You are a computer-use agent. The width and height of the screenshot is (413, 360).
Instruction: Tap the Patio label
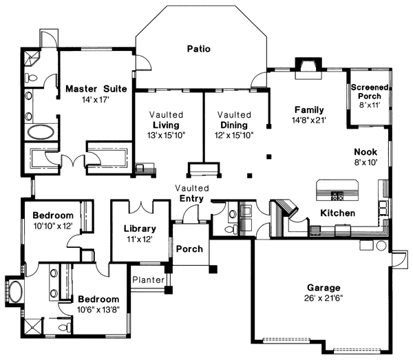click(x=198, y=49)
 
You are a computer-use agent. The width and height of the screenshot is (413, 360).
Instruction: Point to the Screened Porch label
click(x=370, y=92)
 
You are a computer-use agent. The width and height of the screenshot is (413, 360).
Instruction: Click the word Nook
click(x=366, y=152)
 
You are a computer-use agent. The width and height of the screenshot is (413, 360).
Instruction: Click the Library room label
click(x=140, y=229)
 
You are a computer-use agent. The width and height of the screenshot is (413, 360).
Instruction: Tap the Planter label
click(x=149, y=280)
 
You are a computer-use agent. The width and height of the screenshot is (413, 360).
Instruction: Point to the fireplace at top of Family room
click(x=304, y=65)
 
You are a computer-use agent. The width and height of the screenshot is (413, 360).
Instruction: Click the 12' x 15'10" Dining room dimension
click(x=233, y=136)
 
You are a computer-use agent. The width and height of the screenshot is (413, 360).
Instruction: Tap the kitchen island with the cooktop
click(x=337, y=188)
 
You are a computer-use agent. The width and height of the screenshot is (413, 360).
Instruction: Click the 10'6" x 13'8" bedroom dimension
click(x=98, y=310)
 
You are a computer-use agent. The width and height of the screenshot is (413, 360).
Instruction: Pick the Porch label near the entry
click(x=189, y=248)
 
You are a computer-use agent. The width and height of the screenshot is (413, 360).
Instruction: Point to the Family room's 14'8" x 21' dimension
click(x=309, y=120)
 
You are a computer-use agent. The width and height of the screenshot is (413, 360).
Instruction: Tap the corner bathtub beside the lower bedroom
click(x=14, y=292)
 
